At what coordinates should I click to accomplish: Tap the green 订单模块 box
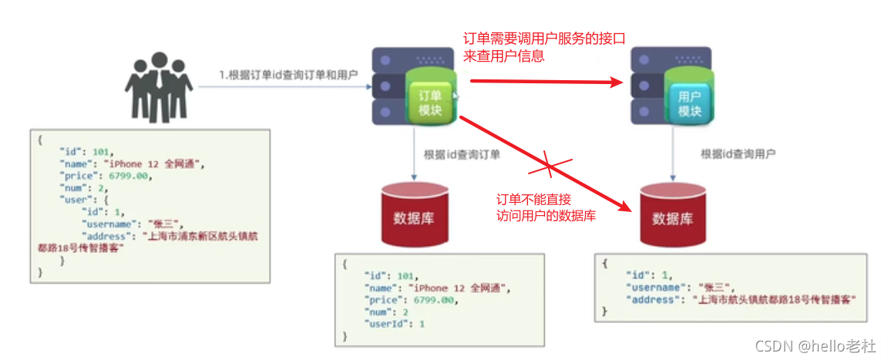click(x=430, y=102)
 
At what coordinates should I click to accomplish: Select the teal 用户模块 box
click(x=688, y=103)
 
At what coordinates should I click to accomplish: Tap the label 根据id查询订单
click(x=462, y=154)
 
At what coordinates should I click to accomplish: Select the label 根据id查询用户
click(x=738, y=154)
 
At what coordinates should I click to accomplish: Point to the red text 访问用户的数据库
click(x=547, y=217)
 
